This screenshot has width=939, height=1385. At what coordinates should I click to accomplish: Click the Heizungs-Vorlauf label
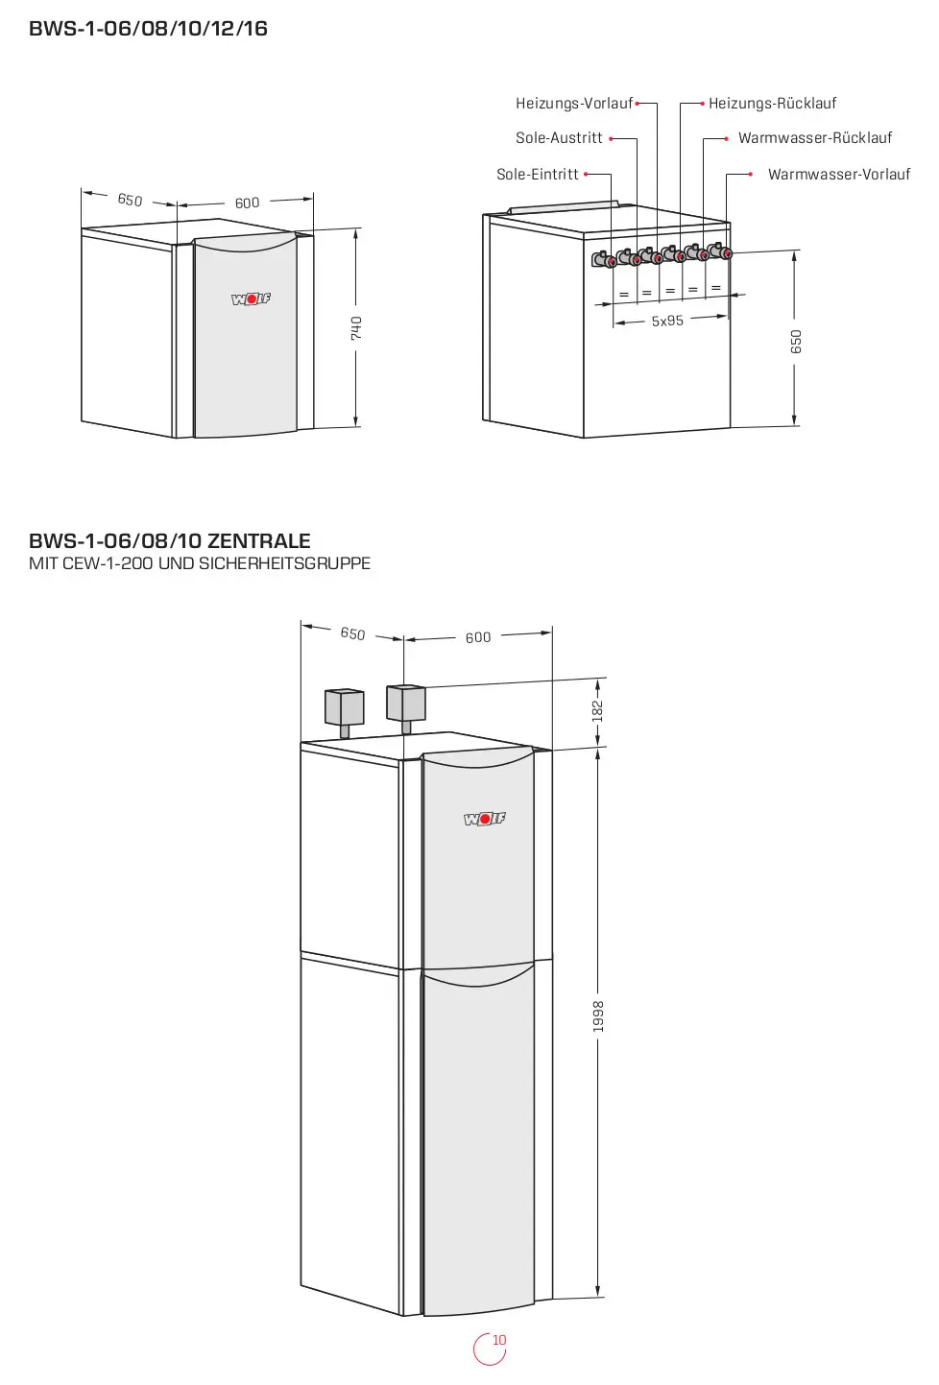[574, 104]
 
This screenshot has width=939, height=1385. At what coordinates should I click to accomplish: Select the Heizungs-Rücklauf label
[772, 104]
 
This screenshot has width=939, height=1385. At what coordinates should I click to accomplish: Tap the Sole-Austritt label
[559, 138]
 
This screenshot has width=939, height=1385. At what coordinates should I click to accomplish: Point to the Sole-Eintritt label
[537, 175]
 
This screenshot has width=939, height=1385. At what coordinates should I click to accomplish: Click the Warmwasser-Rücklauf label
[815, 138]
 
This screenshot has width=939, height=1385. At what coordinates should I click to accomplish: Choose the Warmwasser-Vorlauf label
[839, 175]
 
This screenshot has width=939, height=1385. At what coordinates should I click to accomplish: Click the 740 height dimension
[356, 327]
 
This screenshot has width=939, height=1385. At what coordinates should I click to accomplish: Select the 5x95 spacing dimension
[667, 321]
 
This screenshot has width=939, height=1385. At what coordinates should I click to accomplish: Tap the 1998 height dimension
[598, 1015]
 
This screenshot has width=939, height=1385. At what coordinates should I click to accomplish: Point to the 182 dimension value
[597, 711]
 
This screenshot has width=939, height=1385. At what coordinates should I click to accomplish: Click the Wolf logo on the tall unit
[485, 819]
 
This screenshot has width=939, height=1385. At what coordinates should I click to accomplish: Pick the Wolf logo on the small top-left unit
[252, 299]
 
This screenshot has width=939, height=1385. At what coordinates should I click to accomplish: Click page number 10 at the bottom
[499, 1340]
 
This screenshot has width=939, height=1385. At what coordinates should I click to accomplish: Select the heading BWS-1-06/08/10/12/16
[149, 29]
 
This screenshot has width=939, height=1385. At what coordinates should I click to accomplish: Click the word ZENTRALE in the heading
[258, 541]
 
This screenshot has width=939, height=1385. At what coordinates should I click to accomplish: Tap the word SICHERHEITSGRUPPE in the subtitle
[284, 563]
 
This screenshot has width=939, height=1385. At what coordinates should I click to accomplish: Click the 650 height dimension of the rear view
[796, 342]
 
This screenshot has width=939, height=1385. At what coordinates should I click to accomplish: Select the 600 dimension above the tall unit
[478, 637]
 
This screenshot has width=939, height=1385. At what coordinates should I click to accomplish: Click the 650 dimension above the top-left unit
[130, 200]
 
